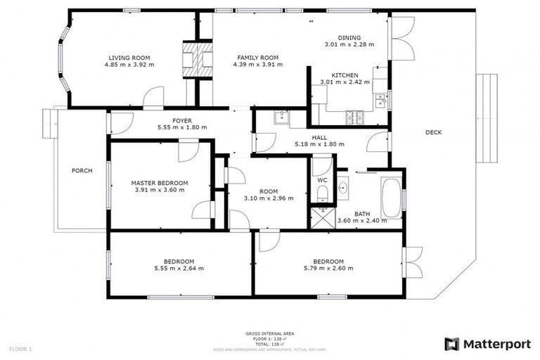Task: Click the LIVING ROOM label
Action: [x=129, y=58]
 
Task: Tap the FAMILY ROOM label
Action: [x=257, y=58]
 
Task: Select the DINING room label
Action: [x=349, y=37]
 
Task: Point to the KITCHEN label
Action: [x=345, y=75]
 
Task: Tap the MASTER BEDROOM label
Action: [x=159, y=183]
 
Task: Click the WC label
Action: [x=322, y=179]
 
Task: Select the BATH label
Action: [x=362, y=214]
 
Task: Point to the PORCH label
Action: [x=82, y=170]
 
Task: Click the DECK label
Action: [x=434, y=132]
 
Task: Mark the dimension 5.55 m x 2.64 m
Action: [x=179, y=268]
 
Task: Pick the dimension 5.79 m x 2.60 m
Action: [x=328, y=268]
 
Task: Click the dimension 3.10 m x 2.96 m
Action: [x=268, y=198]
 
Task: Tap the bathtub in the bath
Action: [x=391, y=198]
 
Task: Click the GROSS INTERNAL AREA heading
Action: [x=270, y=333]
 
